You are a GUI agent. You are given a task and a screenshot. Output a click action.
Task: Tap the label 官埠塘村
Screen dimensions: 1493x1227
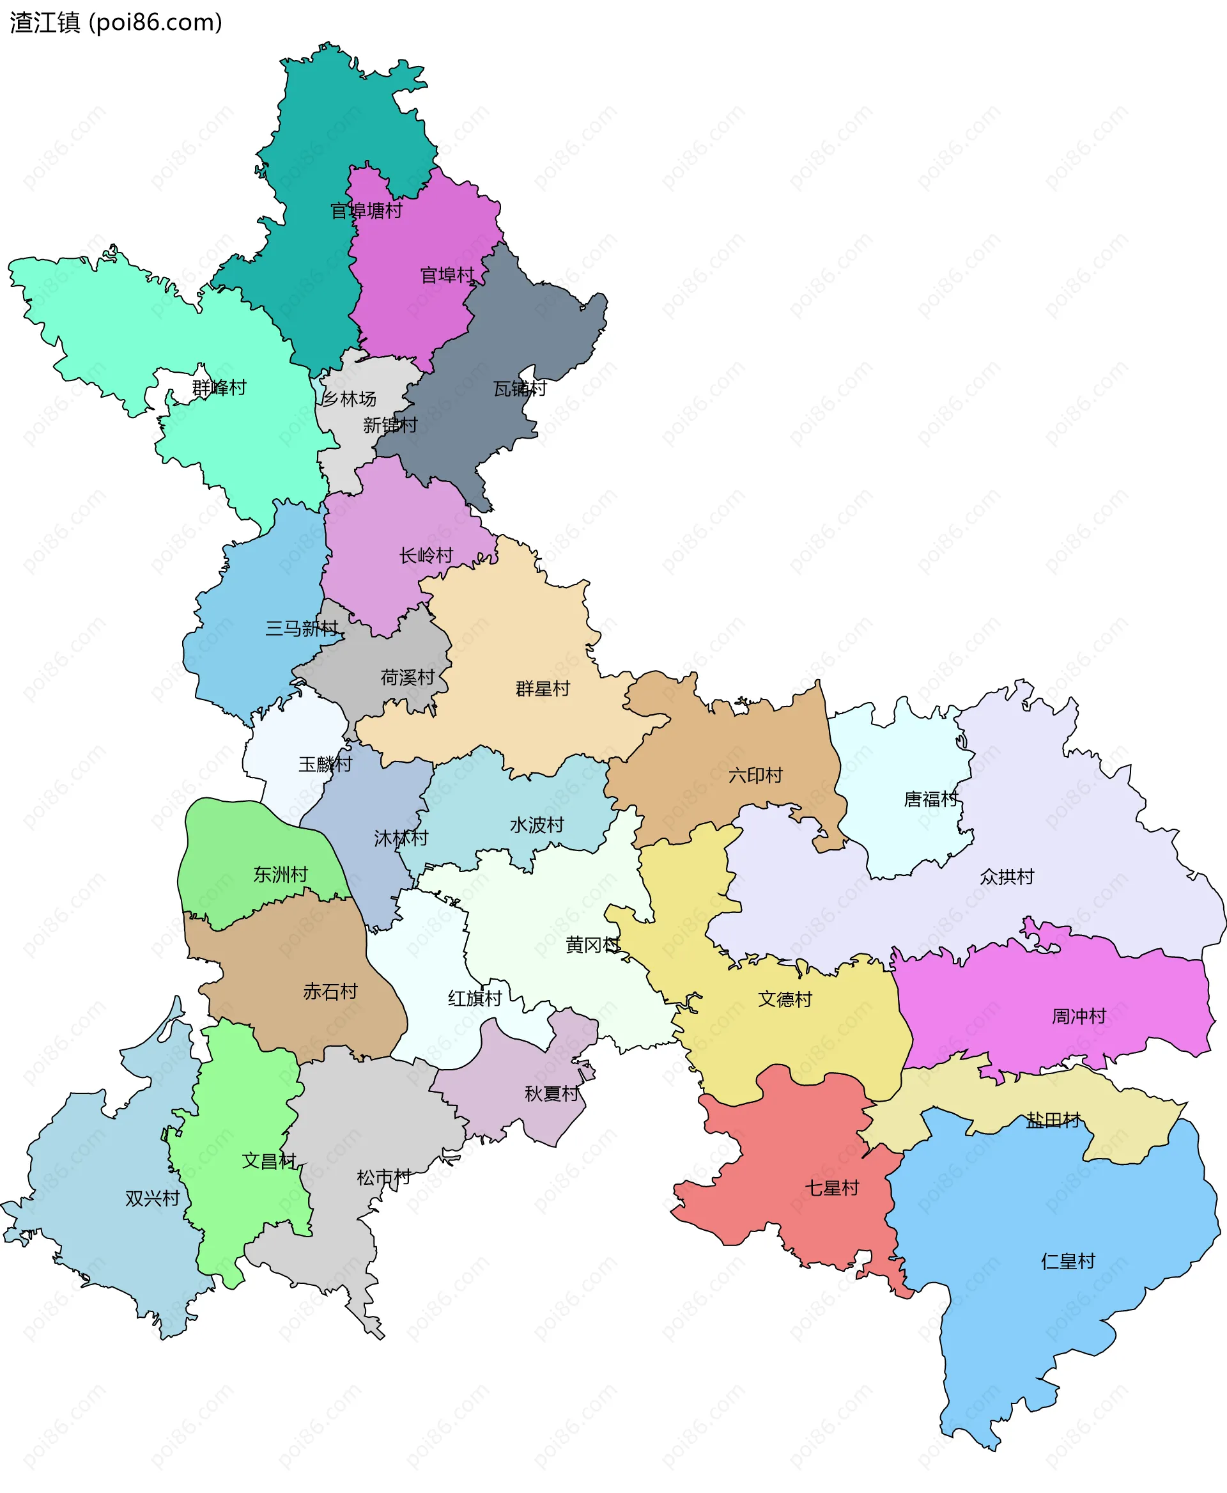pyautogui.click(x=366, y=211)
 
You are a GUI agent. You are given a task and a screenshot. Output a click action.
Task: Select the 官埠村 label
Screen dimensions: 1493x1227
pyautogui.click(x=447, y=275)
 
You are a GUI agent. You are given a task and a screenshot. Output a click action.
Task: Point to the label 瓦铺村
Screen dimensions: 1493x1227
pyautogui.click(x=520, y=388)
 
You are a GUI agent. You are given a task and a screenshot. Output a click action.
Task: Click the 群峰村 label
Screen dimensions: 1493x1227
pyautogui.click(x=219, y=387)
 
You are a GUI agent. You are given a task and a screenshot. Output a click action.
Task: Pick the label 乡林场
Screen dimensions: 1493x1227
pyautogui.click(x=349, y=399)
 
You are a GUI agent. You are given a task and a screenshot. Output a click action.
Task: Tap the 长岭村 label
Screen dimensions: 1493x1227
pyautogui.click(x=426, y=555)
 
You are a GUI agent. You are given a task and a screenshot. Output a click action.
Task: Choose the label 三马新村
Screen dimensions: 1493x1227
pyautogui.click(x=302, y=628)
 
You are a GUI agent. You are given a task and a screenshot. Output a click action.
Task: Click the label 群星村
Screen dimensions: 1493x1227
pyautogui.click(x=542, y=688)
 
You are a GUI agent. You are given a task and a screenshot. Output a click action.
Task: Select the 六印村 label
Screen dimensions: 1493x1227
pyautogui.click(x=755, y=775)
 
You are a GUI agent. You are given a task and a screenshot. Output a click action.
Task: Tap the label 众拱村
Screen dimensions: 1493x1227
pyautogui.click(x=1007, y=877)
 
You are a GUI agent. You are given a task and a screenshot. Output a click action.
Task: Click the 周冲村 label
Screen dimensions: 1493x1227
pyautogui.click(x=1079, y=1016)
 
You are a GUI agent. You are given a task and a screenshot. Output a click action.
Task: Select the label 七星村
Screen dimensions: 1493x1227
pyautogui.click(x=831, y=1187)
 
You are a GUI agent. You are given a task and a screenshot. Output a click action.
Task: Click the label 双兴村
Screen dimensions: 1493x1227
pyautogui.click(x=152, y=1198)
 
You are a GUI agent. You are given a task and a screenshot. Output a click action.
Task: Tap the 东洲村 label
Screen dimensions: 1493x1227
pyautogui.click(x=281, y=875)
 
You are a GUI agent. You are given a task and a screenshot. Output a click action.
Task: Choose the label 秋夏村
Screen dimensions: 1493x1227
pyautogui.click(x=552, y=1093)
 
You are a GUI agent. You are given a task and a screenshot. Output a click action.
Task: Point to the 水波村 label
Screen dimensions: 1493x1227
pyautogui.click(x=536, y=825)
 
